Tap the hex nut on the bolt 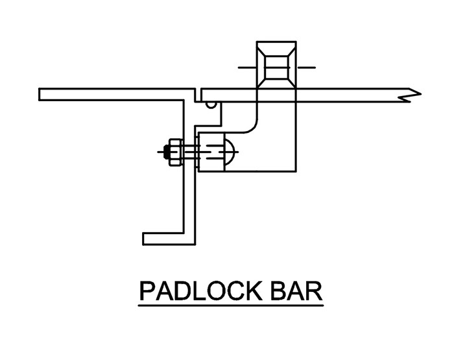174,152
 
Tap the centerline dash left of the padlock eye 247,67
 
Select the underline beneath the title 231,304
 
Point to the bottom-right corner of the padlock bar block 295,172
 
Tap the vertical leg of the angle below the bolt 189,201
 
